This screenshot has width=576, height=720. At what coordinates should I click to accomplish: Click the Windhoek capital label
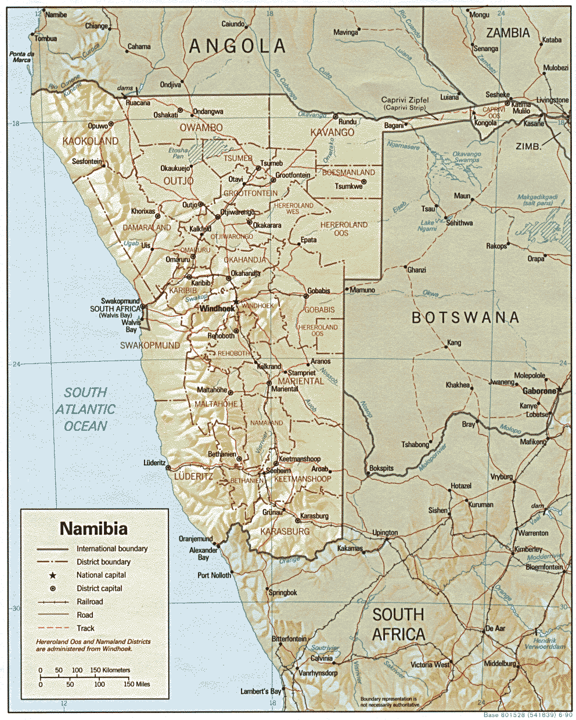pos(217,308)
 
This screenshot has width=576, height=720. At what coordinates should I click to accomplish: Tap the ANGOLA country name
pos(237,46)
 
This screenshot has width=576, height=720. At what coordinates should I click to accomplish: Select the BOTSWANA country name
pos(465,317)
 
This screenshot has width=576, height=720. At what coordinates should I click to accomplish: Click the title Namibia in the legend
pos(93,528)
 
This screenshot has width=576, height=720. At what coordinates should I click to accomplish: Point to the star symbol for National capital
pos(52,575)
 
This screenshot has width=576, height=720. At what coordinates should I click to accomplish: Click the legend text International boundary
pos(112,549)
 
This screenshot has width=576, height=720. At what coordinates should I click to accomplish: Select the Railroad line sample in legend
pos(53,602)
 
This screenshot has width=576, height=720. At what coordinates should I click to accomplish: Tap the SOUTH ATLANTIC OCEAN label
pos(85,409)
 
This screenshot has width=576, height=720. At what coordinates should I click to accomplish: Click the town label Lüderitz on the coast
pos(154,463)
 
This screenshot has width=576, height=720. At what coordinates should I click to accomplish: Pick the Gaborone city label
pos(539,391)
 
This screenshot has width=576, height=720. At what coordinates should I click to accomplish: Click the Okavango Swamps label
pos(467,157)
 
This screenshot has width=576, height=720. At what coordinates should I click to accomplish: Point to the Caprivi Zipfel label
pos(405,100)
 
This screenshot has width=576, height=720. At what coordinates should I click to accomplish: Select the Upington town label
pos(385,532)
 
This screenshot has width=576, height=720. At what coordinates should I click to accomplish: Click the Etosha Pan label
pos(178,153)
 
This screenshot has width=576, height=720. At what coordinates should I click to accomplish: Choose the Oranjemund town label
pos(196,538)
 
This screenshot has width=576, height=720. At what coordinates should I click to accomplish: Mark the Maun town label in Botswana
pos(462,196)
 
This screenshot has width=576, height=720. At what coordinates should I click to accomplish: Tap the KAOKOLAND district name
pos(90,141)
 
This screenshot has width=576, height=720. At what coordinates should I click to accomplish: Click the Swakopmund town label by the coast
pos(120,301)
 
